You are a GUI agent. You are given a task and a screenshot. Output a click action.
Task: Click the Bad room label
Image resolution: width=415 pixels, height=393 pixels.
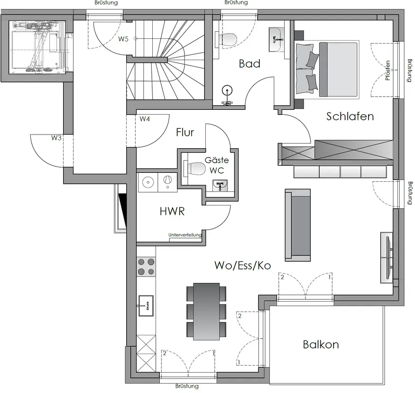(249, 64)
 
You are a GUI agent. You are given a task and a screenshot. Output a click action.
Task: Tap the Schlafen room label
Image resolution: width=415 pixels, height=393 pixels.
(350, 116)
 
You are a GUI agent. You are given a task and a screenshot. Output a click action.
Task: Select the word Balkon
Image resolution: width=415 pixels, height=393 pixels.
(321, 344)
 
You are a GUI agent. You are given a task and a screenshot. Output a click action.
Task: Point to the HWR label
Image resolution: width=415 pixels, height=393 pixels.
(172, 212)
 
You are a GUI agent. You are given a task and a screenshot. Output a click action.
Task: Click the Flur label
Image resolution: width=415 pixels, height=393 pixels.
(185, 132)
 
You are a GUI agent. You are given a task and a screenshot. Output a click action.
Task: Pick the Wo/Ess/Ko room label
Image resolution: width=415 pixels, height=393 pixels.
(243, 265)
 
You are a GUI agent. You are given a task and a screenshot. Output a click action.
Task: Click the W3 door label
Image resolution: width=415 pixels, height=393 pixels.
(56, 138)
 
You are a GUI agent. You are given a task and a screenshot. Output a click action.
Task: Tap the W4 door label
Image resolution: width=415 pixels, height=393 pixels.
(145, 119)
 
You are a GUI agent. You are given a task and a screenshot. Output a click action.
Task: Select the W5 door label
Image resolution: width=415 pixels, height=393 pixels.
(123, 39)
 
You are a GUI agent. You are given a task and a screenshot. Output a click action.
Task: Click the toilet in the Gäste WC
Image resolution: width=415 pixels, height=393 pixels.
(195, 169)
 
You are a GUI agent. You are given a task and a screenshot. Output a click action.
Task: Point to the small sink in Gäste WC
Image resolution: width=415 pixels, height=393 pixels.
(220, 186)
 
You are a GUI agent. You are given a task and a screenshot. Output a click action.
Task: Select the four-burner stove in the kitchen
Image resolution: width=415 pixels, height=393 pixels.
(146, 267)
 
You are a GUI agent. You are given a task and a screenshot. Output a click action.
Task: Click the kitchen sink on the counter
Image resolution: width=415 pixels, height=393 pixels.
(146, 306)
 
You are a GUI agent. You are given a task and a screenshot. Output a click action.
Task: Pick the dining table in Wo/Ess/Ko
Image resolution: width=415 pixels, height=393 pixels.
(206, 312)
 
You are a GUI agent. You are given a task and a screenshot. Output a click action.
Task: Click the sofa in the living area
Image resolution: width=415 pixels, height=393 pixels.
(298, 225)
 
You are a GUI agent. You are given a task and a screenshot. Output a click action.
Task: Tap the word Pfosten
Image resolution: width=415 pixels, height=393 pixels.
(387, 70)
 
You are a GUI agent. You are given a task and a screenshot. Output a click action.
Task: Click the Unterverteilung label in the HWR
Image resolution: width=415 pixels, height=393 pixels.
(185, 235)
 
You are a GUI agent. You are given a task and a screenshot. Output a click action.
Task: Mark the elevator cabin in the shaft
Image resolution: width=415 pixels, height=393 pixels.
(37, 47)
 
